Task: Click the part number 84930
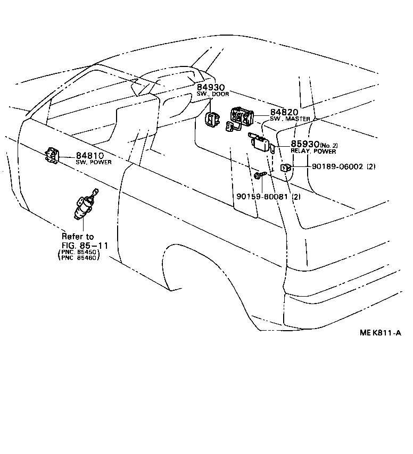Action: click(211, 87)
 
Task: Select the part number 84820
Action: click(284, 112)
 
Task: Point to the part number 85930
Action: click(304, 144)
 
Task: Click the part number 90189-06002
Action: click(337, 166)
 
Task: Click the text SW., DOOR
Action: click(212, 95)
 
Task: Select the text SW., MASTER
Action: click(290, 119)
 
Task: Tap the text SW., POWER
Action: click(94, 162)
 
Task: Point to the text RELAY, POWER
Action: click(313, 152)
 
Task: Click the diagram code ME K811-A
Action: click(379, 333)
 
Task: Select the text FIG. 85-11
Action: click(85, 245)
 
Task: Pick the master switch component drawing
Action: click(242, 116)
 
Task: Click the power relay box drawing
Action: click(262, 142)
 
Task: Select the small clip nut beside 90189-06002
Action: click(286, 168)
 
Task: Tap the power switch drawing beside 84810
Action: click(53, 155)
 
